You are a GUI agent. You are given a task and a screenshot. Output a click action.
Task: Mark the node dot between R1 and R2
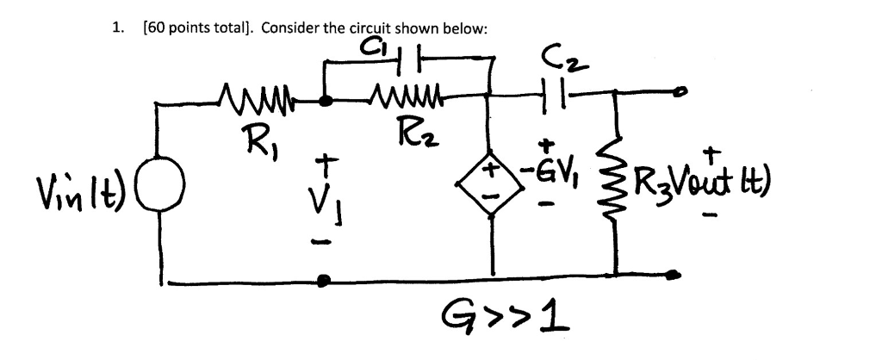[326, 100]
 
